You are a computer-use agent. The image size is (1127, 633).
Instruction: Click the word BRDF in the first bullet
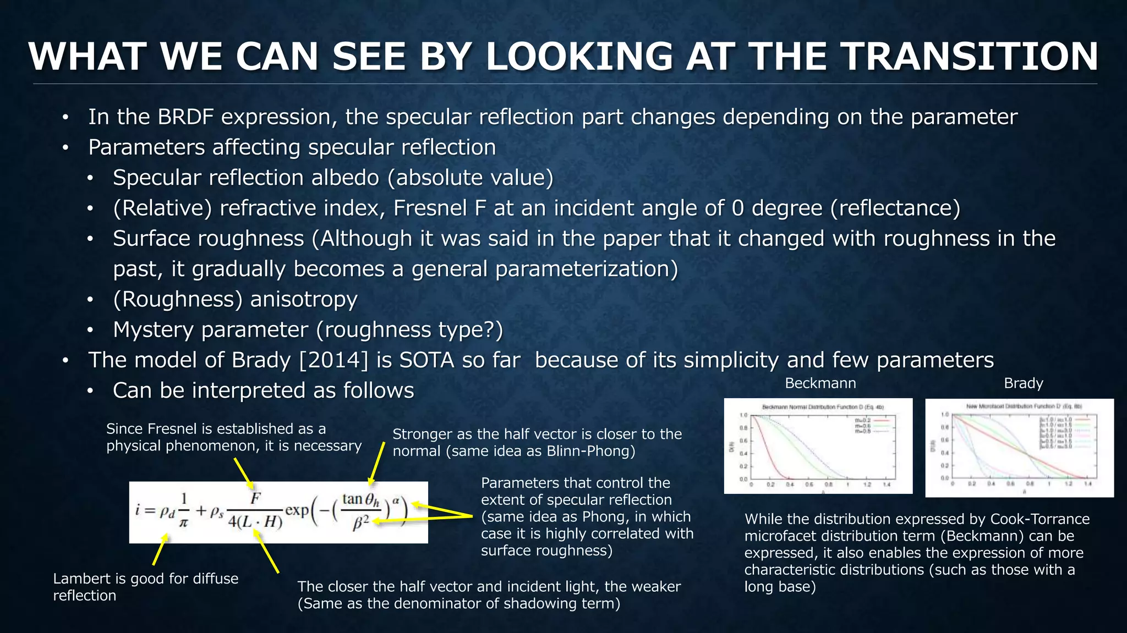point(185,117)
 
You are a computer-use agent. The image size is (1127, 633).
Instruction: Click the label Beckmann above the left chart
point(820,383)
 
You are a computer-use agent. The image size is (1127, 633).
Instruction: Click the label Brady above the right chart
point(1023,383)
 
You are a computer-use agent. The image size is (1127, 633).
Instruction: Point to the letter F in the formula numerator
point(255,498)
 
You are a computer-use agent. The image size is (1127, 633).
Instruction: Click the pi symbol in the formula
point(183,522)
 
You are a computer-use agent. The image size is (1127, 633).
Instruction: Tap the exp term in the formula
point(297,510)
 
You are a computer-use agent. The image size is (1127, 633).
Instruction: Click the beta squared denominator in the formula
point(360,523)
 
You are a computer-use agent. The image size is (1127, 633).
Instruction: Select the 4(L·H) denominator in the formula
point(255,521)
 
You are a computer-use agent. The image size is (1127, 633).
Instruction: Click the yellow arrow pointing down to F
point(243,472)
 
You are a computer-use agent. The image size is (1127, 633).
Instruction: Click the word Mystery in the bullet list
point(152,330)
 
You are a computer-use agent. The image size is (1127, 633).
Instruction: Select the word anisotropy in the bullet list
point(304,300)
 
